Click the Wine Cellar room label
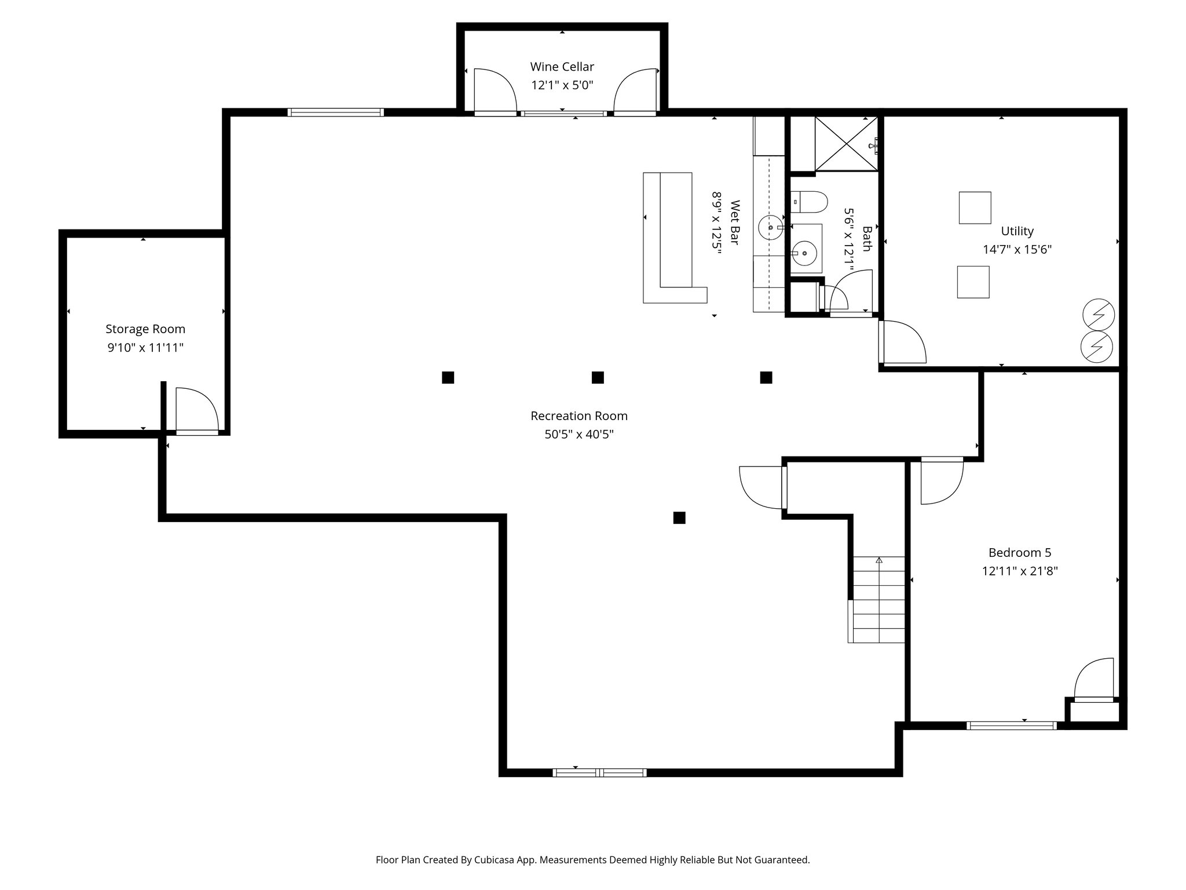[562, 67]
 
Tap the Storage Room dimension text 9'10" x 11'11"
[145, 348]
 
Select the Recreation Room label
[579, 415]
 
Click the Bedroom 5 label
[1019, 552]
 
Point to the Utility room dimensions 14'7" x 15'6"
[1017, 250]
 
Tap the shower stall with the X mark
[846, 143]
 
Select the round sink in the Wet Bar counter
[770, 227]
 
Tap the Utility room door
[901, 342]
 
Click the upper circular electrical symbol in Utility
[1098, 314]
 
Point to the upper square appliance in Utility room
[975, 207]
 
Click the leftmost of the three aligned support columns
[448, 378]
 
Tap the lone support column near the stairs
[679, 517]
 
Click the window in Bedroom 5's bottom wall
[1011, 725]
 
